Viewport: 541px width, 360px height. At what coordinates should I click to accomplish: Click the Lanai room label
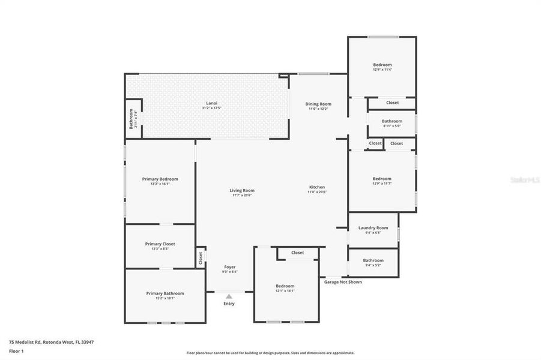(211, 103)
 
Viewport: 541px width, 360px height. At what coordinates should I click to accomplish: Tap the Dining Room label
(319, 104)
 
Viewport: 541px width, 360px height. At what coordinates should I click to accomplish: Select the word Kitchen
(317, 187)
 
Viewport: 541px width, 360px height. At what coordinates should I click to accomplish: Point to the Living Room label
(242, 191)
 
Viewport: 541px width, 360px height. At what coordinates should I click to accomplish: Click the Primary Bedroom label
(160, 179)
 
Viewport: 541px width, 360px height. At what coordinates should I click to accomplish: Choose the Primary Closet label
(160, 244)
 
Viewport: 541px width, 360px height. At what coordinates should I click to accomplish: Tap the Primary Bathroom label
(165, 293)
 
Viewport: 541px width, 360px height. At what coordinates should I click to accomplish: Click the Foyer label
(230, 267)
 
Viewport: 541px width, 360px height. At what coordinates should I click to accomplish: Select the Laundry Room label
(373, 227)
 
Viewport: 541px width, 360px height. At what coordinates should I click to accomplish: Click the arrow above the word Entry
(229, 296)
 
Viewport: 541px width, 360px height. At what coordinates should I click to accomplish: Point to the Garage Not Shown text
(343, 282)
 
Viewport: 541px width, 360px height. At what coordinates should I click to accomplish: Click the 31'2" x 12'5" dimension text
(211, 108)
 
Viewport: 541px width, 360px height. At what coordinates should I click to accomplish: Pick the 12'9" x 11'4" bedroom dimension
(382, 70)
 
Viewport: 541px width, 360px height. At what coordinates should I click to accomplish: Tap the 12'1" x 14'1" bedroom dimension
(285, 292)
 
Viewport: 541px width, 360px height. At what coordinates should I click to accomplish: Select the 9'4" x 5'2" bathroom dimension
(373, 265)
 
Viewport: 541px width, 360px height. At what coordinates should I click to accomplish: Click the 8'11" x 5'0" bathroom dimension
(391, 126)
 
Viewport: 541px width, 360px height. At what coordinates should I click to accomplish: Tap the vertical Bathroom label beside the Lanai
(131, 119)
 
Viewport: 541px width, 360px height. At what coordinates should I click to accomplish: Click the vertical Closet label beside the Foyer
(201, 257)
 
